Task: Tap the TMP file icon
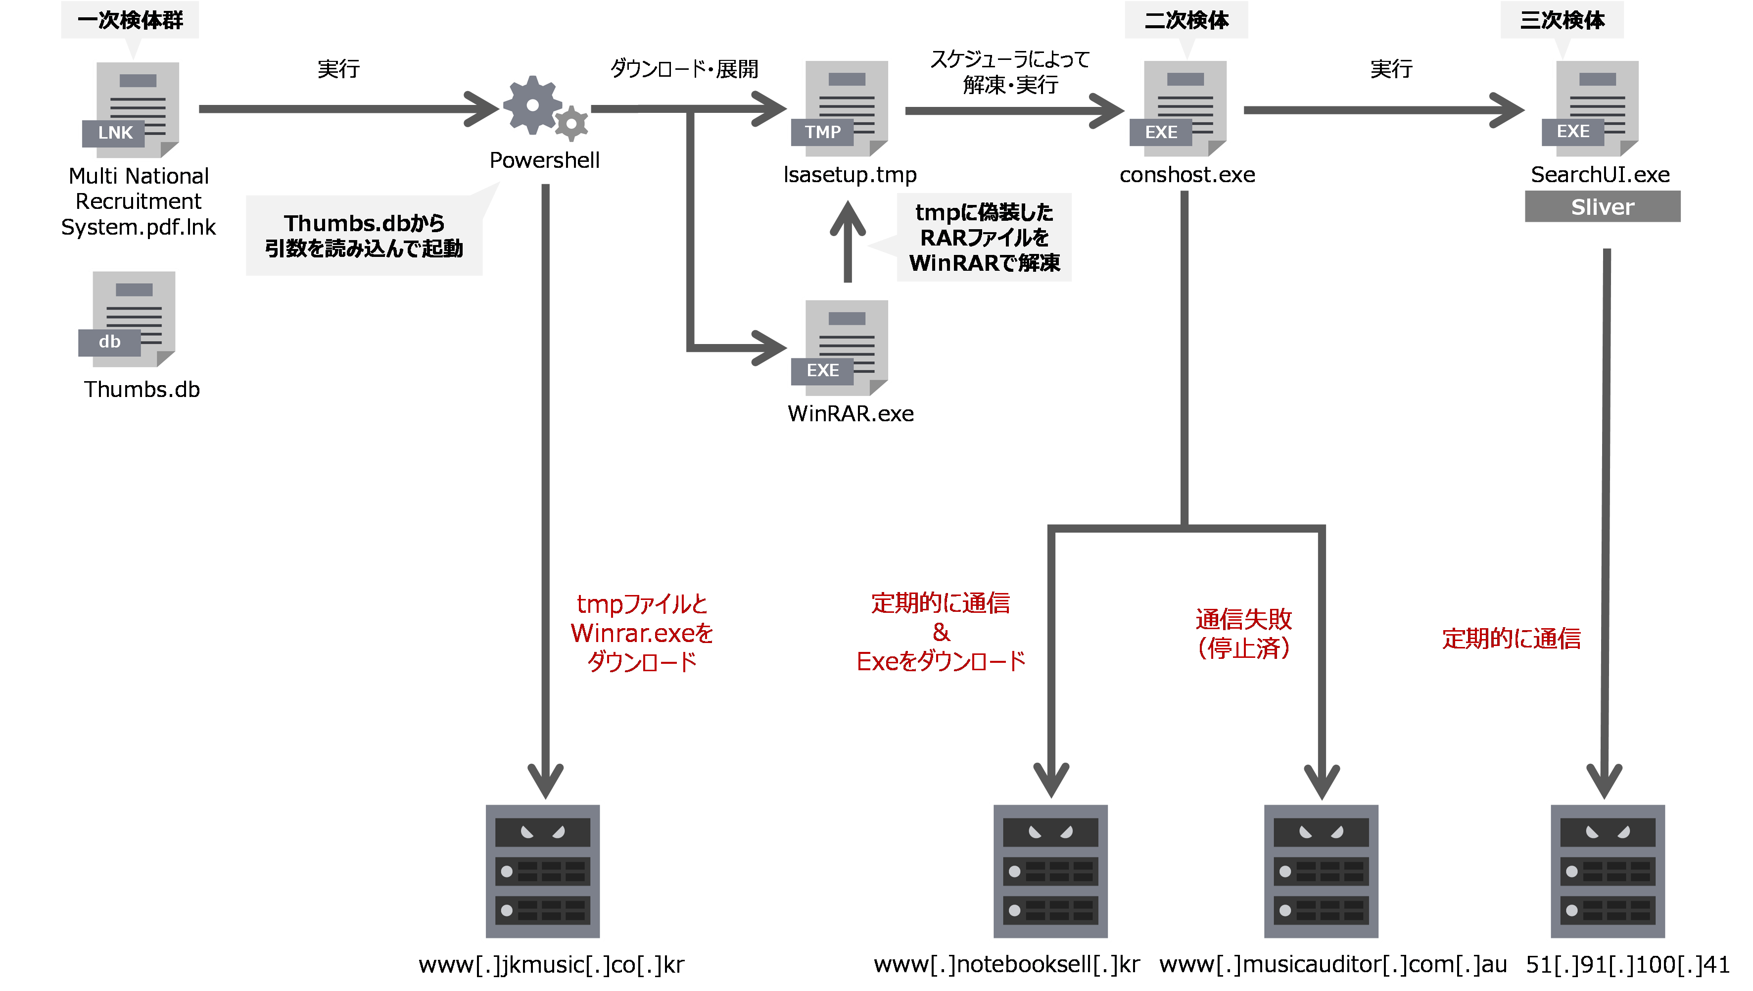[x=841, y=109]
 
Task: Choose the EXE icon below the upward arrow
[x=841, y=347]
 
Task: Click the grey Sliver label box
[x=1602, y=206]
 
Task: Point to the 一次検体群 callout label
[x=130, y=20]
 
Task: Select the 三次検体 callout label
[x=1562, y=20]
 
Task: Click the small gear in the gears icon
[x=571, y=124]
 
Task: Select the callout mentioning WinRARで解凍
[x=984, y=237]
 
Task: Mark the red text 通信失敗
[x=1243, y=619]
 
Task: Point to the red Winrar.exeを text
[x=642, y=633]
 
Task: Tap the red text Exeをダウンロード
[x=941, y=661]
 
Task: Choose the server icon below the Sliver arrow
[x=1608, y=871]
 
